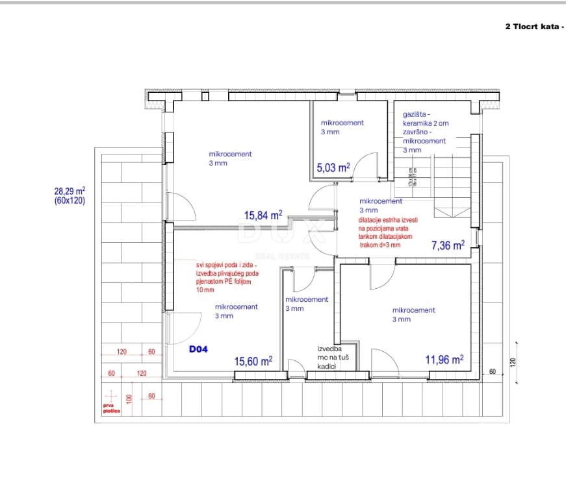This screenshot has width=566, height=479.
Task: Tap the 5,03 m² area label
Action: click(333, 167)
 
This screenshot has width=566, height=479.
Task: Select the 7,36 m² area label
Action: click(448, 245)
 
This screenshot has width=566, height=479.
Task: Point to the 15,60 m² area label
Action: click(253, 361)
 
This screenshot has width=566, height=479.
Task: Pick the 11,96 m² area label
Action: click(444, 359)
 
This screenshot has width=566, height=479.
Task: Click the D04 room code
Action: click(198, 349)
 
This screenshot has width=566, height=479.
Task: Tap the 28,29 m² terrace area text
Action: click(69, 191)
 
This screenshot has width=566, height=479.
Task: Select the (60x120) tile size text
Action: click(69, 201)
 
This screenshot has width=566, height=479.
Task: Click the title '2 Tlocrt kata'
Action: click(532, 27)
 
